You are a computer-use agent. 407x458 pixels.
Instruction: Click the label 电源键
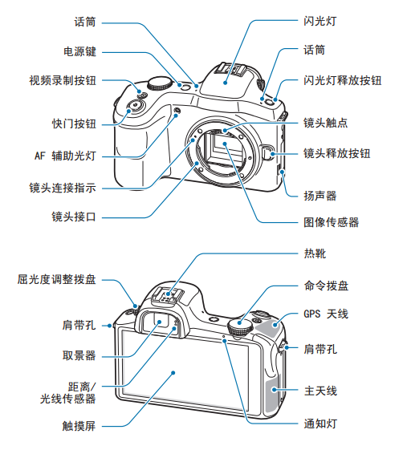[x=79, y=51]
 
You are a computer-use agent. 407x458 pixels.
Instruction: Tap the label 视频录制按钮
[x=63, y=80]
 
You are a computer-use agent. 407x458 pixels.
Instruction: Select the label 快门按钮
[x=74, y=124]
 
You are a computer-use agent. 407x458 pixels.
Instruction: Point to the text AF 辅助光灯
[x=65, y=156]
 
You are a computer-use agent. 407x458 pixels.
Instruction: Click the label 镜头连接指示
[x=63, y=188]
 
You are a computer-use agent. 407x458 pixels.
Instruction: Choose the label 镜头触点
[x=325, y=123]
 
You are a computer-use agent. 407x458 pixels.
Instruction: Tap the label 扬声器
[x=319, y=196]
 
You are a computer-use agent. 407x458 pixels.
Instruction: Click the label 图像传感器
[x=331, y=222]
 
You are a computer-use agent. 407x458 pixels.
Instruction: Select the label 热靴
[x=315, y=253]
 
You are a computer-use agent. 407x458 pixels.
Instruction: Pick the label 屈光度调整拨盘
[x=57, y=279]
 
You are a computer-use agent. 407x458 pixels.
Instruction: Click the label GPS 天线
[x=326, y=314]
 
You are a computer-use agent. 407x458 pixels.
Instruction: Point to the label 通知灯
[x=320, y=424]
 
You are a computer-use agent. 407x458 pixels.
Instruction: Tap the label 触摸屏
[x=79, y=426]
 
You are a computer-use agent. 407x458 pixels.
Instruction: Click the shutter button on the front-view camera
[x=135, y=107]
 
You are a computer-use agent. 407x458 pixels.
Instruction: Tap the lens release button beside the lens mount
[x=267, y=152]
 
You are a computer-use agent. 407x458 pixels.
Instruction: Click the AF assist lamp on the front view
[x=177, y=111]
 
